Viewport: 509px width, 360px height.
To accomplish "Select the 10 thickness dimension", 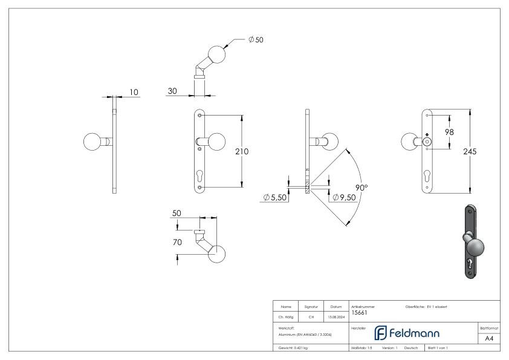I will [x=134, y=92].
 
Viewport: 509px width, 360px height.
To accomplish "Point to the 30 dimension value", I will [x=173, y=91].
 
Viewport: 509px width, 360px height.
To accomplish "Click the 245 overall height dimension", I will [x=469, y=151].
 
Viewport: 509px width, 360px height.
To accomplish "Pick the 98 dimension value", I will [x=450, y=132].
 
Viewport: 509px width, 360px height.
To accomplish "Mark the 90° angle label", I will [x=361, y=188].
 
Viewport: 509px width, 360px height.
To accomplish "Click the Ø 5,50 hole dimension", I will [x=274, y=197].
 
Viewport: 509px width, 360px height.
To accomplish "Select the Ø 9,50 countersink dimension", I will [x=343, y=197].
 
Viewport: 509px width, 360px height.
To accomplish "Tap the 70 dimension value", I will [x=177, y=243].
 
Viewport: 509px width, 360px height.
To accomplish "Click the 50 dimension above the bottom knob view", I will [x=177, y=214].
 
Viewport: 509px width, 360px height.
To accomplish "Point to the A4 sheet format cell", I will [x=489, y=338].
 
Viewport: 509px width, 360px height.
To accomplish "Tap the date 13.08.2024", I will [x=336, y=315].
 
